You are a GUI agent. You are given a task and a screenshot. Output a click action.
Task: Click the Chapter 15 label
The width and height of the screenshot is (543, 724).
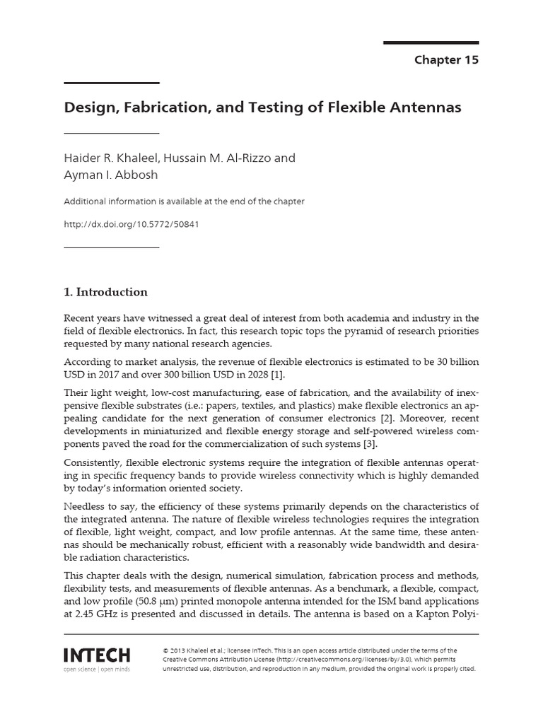pos(446,60)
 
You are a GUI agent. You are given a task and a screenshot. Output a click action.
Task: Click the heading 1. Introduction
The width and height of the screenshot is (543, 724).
pos(106,292)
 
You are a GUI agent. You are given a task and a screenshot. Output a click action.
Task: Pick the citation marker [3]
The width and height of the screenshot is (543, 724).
pos(369,444)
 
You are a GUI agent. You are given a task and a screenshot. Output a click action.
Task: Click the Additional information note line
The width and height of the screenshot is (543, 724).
pos(184,202)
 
